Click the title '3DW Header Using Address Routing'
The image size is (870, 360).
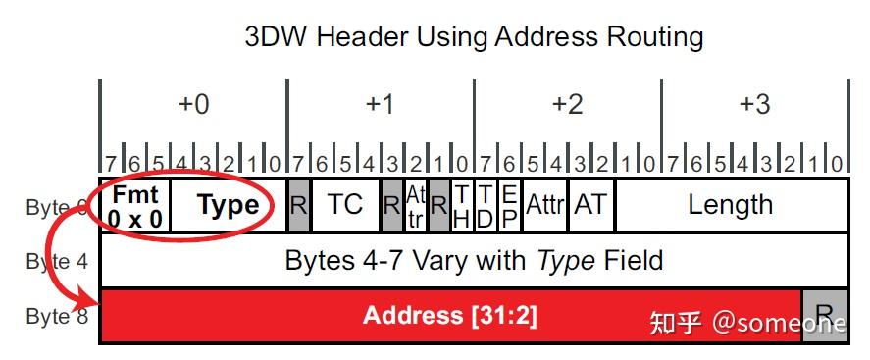pyautogui.click(x=474, y=37)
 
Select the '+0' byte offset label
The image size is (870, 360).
pyautogui.click(x=192, y=104)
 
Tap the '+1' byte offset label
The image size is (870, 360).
pyautogui.click(x=380, y=104)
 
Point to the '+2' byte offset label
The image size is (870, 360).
pyautogui.click(x=567, y=104)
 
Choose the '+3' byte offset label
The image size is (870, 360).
pyautogui.click(x=754, y=104)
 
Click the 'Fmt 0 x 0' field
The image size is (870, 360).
pyautogui.click(x=135, y=205)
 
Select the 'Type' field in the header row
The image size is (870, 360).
pyautogui.click(x=229, y=205)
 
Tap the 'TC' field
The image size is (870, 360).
pyautogui.click(x=345, y=204)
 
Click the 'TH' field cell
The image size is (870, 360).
pyautogui.click(x=462, y=205)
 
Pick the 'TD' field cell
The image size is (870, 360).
pyautogui.click(x=486, y=205)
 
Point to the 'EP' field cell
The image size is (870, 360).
pyautogui.click(x=509, y=205)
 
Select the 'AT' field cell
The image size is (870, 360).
pyautogui.click(x=590, y=204)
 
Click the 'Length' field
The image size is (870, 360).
pyautogui.click(x=730, y=204)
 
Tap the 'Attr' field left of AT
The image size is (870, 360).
pyautogui.click(x=544, y=204)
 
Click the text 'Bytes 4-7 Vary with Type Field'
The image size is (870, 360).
pyautogui.click(x=474, y=260)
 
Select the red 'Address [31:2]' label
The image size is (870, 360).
pyautogui.click(x=450, y=315)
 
